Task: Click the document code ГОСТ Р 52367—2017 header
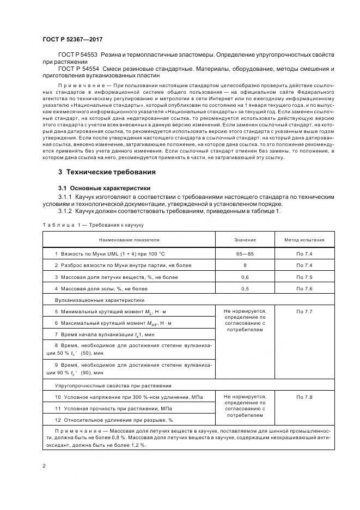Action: (x=72, y=39)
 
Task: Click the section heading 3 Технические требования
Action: (x=107, y=172)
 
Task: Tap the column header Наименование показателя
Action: (x=129, y=239)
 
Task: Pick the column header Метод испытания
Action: (x=304, y=239)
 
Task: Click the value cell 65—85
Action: (x=245, y=254)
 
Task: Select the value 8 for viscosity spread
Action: (x=245, y=265)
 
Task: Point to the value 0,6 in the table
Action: (x=245, y=277)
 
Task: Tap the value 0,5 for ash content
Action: (x=245, y=288)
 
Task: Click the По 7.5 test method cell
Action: (x=304, y=277)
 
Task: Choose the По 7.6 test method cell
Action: (x=304, y=288)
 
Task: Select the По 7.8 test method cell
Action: (x=304, y=397)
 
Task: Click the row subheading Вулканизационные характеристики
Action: (x=99, y=300)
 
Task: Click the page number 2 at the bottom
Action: (x=44, y=466)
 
